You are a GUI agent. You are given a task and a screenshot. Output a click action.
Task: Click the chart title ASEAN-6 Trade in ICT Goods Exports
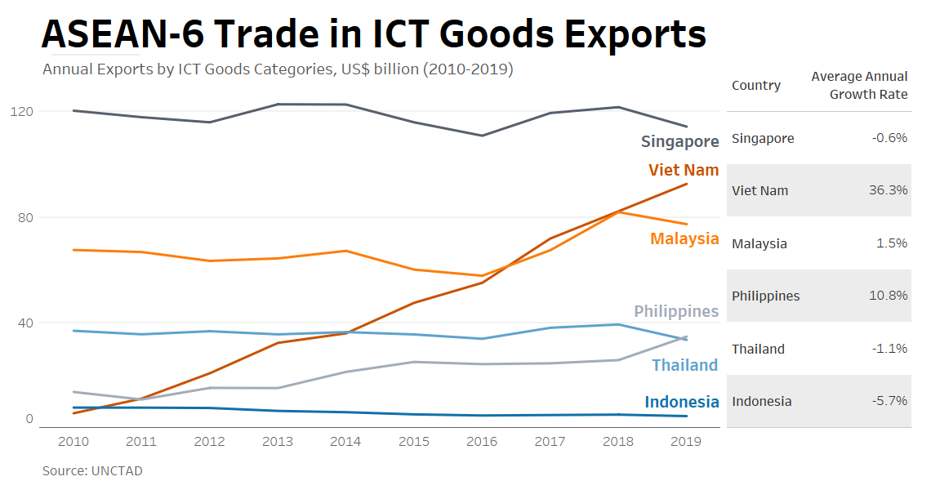373,35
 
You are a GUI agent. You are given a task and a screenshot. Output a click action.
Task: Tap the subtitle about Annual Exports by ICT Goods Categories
278,69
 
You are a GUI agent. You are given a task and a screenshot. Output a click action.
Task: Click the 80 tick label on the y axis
24,217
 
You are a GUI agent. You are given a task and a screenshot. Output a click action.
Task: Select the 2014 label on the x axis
345,442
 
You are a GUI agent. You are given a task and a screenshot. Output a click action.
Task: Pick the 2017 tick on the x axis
550,442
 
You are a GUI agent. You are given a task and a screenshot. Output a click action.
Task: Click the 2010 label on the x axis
73,442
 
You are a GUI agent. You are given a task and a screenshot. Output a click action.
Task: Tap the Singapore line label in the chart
679,141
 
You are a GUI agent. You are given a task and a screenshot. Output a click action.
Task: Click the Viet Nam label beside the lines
684,170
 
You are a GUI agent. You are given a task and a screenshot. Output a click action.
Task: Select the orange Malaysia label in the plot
684,238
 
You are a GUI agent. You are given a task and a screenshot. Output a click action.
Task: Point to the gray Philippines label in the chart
676,311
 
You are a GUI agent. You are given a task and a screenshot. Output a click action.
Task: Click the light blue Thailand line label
684,365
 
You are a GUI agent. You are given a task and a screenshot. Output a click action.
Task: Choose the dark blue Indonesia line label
681,402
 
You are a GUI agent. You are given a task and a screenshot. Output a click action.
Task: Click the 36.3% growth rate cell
889,190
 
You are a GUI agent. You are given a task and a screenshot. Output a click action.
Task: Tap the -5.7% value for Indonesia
889,401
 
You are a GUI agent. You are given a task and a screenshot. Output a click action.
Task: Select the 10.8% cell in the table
889,296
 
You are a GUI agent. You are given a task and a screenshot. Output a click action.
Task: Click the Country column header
756,86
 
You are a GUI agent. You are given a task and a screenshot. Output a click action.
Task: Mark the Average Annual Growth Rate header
859,85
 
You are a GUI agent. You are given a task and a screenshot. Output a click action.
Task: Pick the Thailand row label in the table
758,349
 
